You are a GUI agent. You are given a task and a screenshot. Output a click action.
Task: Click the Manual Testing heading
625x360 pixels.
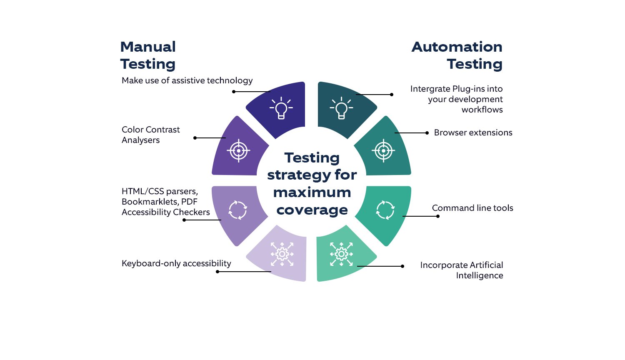(x=148, y=55)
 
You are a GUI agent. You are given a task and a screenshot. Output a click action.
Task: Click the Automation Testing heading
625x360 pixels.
(x=457, y=55)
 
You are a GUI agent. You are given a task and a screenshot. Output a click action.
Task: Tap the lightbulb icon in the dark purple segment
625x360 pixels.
(x=281, y=108)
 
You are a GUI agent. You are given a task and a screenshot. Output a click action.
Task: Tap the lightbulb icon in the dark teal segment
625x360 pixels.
(x=341, y=108)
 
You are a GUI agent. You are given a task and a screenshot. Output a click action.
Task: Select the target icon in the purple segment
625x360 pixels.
(x=238, y=150)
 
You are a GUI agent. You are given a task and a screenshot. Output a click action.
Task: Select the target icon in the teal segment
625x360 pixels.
(x=383, y=150)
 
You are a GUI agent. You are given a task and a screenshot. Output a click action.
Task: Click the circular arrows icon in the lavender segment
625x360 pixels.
(x=238, y=210)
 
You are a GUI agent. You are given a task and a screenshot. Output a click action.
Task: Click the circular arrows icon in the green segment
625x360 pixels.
(x=385, y=210)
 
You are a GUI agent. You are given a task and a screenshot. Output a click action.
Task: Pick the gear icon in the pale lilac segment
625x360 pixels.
(x=282, y=254)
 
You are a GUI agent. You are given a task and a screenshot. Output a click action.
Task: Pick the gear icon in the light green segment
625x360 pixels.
(x=341, y=254)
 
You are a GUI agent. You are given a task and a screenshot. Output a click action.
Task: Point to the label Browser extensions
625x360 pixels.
(x=473, y=132)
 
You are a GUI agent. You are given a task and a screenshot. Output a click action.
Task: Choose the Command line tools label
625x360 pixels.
(x=472, y=208)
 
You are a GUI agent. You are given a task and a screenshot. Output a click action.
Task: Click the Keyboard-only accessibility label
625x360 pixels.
(x=176, y=263)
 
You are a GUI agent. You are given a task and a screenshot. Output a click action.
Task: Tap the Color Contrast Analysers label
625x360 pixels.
(x=150, y=135)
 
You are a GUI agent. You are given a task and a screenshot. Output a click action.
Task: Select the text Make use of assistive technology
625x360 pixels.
(x=187, y=80)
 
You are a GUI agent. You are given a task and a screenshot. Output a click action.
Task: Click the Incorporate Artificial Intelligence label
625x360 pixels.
(x=462, y=270)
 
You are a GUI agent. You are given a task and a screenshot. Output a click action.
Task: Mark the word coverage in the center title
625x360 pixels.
(x=312, y=210)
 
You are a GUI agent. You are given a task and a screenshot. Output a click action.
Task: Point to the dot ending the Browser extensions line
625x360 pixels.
(x=427, y=133)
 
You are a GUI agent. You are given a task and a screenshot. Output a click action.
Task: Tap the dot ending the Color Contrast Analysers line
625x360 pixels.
(x=195, y=138)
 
